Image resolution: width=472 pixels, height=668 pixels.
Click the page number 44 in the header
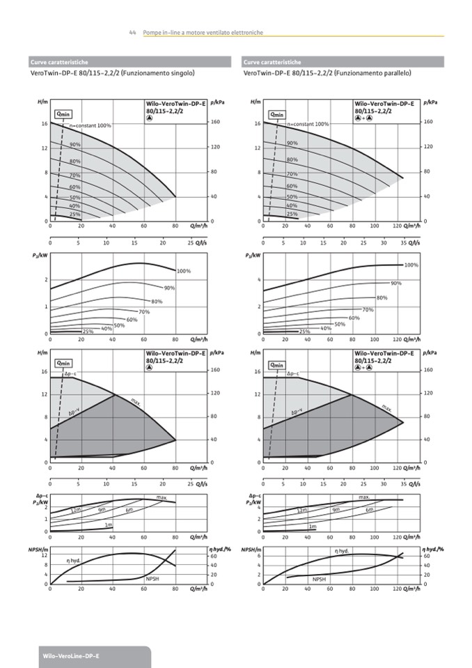click(x=132, y=33)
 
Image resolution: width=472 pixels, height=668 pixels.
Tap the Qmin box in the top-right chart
click(x=277, y=114)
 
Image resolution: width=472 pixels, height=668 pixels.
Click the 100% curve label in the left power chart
click(x=184, y=271)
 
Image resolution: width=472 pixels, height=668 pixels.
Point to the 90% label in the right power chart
click(x=396, y=283)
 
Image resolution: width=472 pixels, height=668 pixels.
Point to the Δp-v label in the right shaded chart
click(x=296, y=412)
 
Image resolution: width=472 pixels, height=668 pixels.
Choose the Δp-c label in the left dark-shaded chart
click(x=71, y=374)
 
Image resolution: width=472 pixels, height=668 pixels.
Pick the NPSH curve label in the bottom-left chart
click(x=152, y=579)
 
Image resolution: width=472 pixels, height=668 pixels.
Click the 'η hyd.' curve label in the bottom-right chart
click(x=342, y=550)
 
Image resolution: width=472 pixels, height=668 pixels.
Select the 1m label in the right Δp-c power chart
click(x=313, y=526)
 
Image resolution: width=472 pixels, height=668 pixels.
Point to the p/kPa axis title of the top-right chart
click(x=430, y=102)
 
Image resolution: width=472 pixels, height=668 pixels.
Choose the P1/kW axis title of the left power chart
click(x=40, y=256)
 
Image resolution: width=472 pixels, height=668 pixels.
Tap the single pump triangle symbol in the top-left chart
click(x=149, y=117)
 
